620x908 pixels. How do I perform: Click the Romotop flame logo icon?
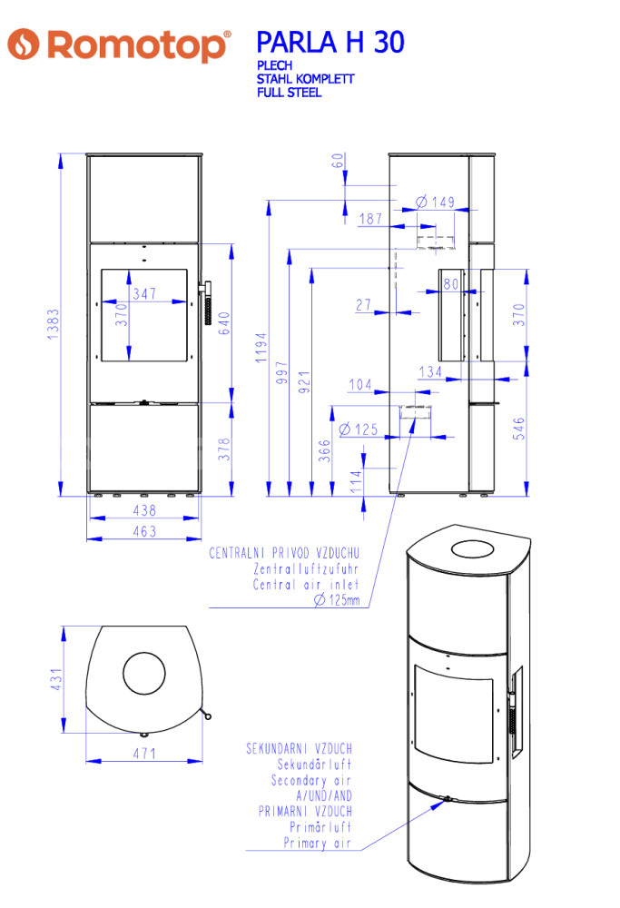click(x=24, y=44)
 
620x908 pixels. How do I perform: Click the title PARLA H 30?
click(x=330, y=43)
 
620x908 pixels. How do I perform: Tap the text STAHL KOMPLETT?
click(x=305, y=79)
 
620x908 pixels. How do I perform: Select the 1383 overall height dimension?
click(x=54, y=324)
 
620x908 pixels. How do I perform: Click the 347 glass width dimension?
click(x=144, y=293)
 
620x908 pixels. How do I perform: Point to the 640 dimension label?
click(x=224, y=323)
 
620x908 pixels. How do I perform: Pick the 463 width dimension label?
click(x=144, y=531)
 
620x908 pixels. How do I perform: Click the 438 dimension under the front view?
click(x=144, y=510)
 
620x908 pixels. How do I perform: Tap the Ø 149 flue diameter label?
click(x=436, y=202)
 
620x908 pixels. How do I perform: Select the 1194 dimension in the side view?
click(x=261, y=348)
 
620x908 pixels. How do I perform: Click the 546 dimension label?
click(x=518, y=428)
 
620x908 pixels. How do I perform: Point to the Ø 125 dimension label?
click(x=359, y=429)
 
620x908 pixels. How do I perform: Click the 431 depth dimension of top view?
click(x=56, y=679)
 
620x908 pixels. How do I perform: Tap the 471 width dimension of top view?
click(x=144, y=753)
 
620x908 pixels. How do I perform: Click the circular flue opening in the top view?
click(x=144, y=652)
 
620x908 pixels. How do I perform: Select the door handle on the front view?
click(x=205, y=303)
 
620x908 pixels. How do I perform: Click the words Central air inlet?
click(x=306, y=584)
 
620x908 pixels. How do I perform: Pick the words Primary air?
click(x=317, y=843)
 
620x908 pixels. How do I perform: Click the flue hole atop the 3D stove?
click(x=472, y=549)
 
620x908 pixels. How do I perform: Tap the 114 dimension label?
click(x=356, y=481)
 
